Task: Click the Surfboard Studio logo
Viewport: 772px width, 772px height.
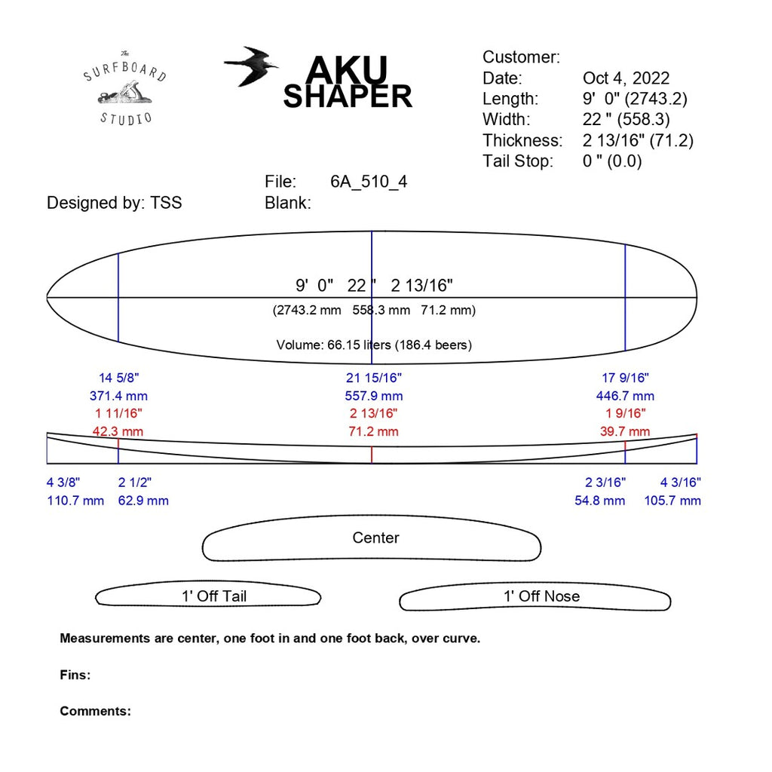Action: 126,87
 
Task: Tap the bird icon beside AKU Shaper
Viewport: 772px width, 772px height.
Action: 251,66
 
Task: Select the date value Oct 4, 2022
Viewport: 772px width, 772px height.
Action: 626,78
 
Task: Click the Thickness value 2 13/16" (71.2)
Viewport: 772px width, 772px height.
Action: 638,140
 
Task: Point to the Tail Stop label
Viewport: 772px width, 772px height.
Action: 518,161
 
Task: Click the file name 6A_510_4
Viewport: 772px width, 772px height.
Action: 369,182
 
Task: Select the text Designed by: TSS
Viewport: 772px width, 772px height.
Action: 114,203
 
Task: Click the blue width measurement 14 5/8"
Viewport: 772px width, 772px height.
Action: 119,378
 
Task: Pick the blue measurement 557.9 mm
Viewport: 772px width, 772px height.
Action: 374,396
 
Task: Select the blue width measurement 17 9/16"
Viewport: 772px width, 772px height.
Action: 624,378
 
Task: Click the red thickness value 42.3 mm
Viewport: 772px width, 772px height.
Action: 118,432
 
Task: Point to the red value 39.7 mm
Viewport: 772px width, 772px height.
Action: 624,432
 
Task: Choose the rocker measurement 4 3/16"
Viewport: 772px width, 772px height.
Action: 681,482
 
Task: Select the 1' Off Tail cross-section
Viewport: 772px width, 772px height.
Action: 209,596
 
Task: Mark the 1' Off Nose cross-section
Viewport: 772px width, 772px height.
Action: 535,599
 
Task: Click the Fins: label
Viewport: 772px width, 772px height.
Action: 75,675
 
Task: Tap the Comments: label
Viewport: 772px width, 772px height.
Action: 95,711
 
